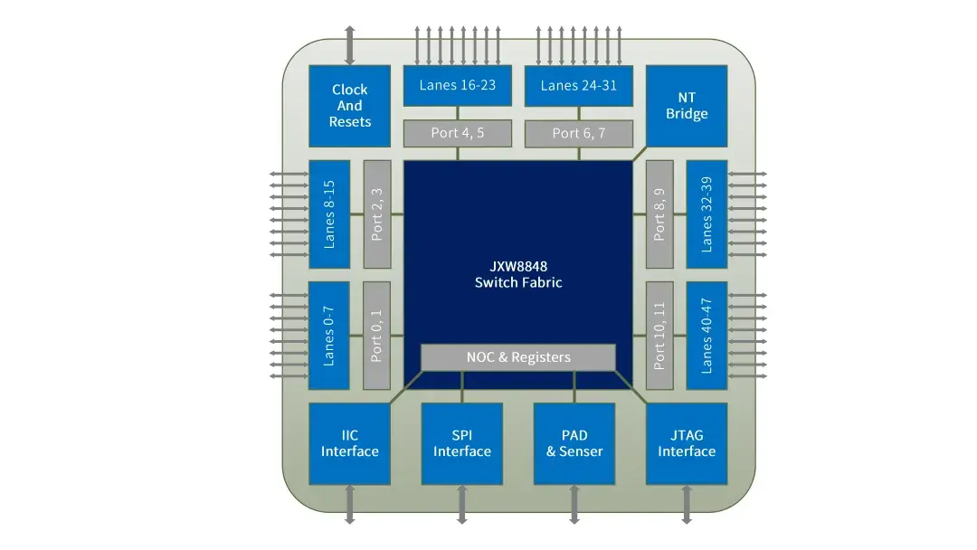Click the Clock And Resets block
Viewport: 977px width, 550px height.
tap(349, 106)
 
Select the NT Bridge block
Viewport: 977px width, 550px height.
tap(687, 106)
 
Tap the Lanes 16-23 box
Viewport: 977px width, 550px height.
tap(457, 86)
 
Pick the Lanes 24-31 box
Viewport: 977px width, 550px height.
tap(578, 86)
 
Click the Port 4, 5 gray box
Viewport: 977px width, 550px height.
tap(457, 133)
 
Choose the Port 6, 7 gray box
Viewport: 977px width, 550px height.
tap(578, 133)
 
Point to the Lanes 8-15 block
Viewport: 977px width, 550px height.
tap(329, 214)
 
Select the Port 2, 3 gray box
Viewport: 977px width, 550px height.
tap(377, 214)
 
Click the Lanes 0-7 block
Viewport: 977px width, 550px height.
tap(329, 336)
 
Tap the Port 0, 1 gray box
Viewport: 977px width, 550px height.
tap(377, 336)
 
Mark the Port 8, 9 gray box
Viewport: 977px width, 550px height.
tap(659, 214)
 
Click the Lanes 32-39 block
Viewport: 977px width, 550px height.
tap(707, 214)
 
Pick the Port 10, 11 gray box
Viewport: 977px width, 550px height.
tap(659, 336)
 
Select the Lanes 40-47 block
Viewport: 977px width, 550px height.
tap(707, 336)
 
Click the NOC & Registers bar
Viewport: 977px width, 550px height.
tap(518, 357)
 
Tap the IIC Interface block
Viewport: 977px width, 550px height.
tap(349, 443)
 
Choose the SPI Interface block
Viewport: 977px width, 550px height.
tap(461, 443)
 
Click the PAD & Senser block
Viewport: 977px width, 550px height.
tap(574, 443)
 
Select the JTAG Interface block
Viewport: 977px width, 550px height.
tap(687, 443)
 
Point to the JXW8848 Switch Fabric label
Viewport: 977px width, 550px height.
tap(518, 275)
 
